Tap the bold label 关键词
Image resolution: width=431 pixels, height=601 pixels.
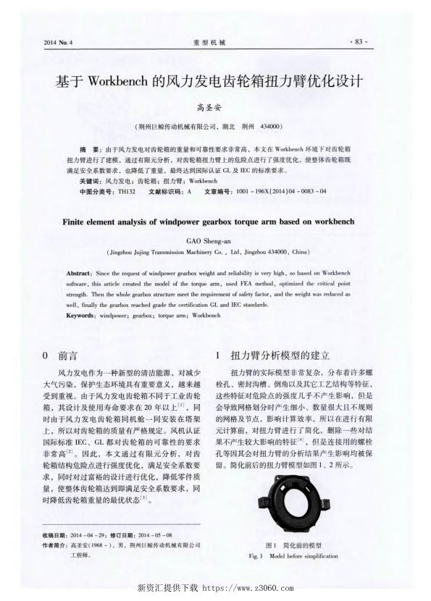[x=91, y=180]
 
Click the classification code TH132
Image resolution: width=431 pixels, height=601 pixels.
[x=126, y=190]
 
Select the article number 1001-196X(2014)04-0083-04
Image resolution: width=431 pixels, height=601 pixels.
[x=276, y=190]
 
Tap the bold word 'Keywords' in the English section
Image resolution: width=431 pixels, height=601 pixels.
[x=81, y=316]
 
